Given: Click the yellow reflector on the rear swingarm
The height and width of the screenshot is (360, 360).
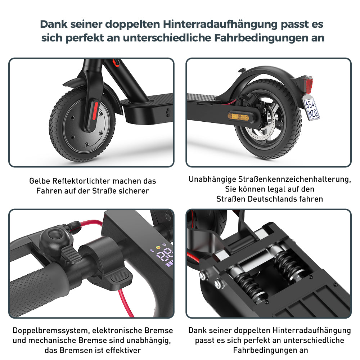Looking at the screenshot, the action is point(238,116).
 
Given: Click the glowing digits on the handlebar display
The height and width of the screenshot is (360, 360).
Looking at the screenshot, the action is point(165,255).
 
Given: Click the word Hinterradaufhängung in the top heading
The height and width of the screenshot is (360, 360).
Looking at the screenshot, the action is point(220,24).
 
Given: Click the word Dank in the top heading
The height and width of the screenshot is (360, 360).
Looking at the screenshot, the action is point(54,24).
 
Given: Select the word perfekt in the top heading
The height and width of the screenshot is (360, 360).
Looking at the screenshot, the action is point(85,38).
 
